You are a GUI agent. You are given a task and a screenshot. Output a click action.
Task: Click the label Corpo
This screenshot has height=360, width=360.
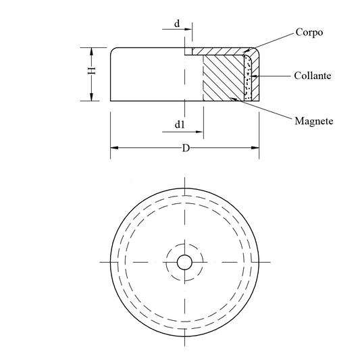(309, 32)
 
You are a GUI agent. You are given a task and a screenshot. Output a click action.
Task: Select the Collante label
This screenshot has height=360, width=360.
(313, 76)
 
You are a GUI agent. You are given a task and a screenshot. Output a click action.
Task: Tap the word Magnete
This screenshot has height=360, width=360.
(314, 121)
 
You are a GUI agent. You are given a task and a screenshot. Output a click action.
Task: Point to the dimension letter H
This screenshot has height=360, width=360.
(92, 70)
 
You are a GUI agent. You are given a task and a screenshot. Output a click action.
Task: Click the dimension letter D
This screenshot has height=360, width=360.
(186, 148)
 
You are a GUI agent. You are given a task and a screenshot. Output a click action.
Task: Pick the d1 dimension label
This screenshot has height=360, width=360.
(180, 124)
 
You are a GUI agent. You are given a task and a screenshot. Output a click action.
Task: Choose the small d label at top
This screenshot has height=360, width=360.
(177, 24)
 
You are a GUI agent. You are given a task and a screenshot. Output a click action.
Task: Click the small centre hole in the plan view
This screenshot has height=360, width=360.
(184, 262)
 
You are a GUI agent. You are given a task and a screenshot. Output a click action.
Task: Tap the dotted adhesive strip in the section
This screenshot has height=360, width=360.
(248, 78)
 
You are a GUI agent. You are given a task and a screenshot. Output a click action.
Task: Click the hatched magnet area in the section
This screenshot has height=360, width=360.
(223, 78)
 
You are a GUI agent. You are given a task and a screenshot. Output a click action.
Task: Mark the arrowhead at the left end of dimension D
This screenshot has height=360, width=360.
(114, 148)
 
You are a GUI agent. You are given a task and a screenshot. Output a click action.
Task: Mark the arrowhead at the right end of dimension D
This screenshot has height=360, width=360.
(255, 148)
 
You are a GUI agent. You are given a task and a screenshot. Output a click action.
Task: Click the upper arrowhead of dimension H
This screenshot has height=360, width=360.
(92, 51)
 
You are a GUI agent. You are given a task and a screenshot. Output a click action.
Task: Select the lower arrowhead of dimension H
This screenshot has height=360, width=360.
(92, 97)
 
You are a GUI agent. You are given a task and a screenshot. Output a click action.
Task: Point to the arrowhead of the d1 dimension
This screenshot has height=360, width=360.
(199, 132)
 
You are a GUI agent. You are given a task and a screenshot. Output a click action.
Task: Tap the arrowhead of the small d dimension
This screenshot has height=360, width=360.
(188, 29)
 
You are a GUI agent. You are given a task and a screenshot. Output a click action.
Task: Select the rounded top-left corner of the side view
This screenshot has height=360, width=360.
(113, 50)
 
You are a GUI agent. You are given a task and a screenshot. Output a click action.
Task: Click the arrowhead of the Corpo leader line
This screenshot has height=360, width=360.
(246, 51)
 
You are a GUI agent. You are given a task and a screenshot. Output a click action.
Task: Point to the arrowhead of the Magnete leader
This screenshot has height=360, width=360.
(234, 99)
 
